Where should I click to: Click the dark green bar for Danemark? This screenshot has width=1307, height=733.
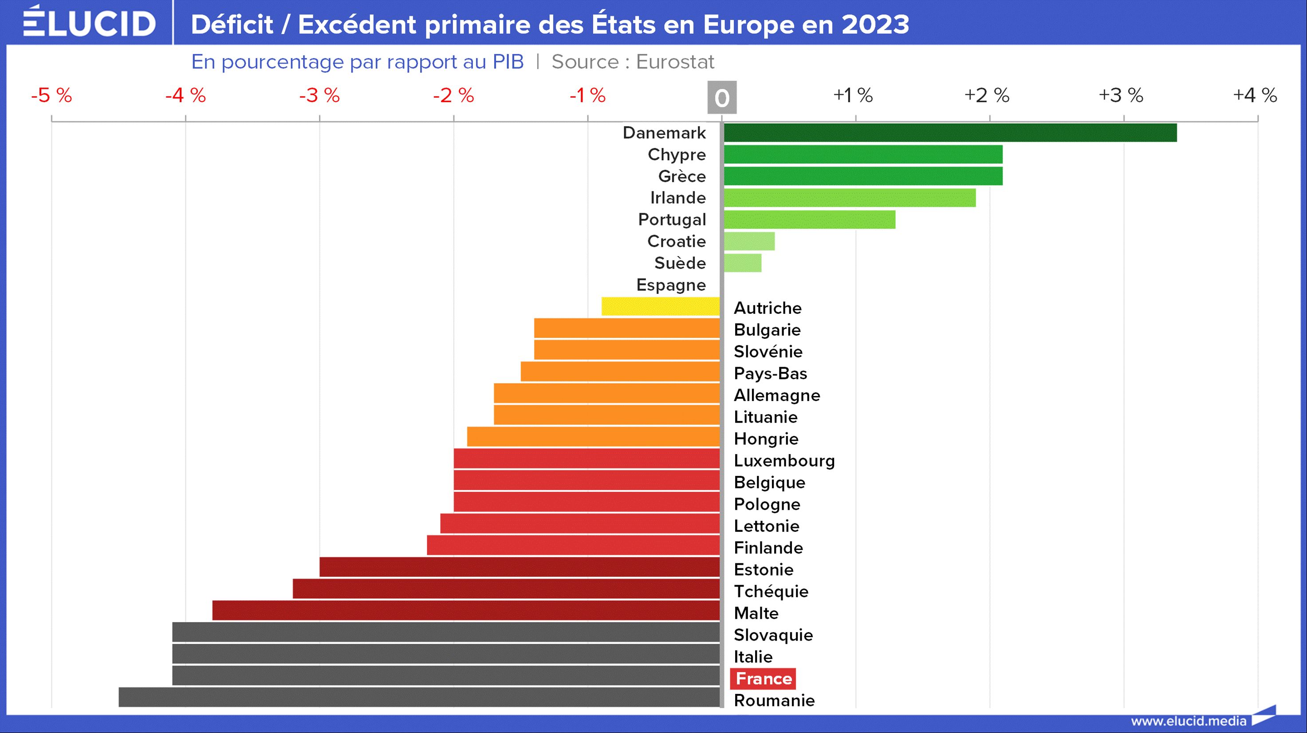(950, 132)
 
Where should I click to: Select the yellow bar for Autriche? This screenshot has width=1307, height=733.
(661, 307)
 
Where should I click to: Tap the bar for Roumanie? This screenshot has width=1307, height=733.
(419, 697)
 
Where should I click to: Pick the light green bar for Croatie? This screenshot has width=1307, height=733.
(749, 241)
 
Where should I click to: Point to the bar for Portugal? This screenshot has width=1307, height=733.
(809, 219)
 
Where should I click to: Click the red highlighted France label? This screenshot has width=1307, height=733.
(763, 679)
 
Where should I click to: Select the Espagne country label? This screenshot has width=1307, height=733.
(671, 285)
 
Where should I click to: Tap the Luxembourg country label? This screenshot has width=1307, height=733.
(784, 460)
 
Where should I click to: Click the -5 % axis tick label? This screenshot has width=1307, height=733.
(51, 95)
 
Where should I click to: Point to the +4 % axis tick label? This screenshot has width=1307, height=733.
(1255, 95)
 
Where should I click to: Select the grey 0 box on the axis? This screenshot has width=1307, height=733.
(721, 98)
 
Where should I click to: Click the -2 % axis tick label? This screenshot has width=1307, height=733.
(453, 95)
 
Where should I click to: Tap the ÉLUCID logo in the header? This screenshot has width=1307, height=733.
(89, 22)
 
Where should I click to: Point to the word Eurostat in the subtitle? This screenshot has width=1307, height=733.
(675, 62)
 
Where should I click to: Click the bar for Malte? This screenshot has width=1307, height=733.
(466, 610)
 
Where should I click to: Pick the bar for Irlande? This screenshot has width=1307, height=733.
(849, 198)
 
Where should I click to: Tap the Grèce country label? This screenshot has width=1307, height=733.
(681, 176)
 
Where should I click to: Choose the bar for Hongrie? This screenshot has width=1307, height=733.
(593, 436)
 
